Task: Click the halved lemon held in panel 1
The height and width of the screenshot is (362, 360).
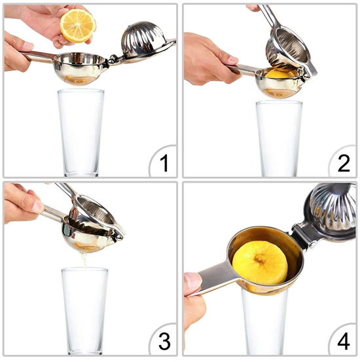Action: coord(78,26)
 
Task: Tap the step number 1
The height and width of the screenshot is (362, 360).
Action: coord(164,163)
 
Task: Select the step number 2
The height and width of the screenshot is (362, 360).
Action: coord(344,163)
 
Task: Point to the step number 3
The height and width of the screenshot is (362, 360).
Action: coord(164,341)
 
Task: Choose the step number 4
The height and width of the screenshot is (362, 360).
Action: coord(344,342)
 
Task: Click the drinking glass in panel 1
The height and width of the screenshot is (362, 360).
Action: coord(81,133)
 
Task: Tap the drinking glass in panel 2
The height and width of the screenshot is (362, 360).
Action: coord(279,139)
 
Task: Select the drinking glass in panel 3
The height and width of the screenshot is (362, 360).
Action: coord(84,311)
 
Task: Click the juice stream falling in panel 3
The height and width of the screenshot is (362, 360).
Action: coord(84,261)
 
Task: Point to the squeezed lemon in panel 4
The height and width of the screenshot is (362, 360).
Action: coord(260,262)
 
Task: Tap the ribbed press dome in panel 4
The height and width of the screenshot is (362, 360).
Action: coord(333,211)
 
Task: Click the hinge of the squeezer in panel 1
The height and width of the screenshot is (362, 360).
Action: coord(113,59)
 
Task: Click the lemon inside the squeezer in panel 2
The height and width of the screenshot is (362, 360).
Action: coord(280,74)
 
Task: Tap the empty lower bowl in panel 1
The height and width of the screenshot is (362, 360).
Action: coord(81,68)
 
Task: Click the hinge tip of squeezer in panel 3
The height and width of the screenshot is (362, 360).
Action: coord(119,237)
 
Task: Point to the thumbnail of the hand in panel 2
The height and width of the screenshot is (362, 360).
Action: coord(232,60)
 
